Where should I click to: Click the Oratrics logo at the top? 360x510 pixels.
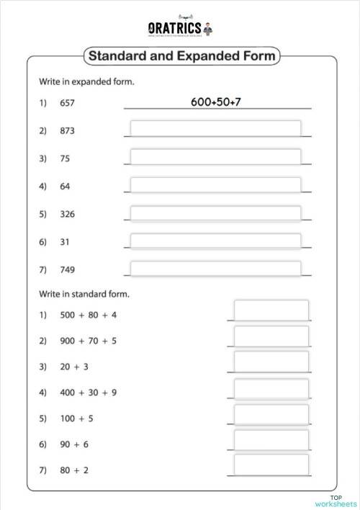pos(180,29)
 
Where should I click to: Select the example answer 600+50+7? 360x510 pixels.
pos(215,102)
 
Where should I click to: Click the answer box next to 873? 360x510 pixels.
pos(215,129)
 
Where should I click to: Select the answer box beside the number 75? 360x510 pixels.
pos(215,157)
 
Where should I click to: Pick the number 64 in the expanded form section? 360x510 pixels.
pos(65,187)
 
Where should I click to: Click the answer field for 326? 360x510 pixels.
pos(215,213)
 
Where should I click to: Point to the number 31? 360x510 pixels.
pos(65,242)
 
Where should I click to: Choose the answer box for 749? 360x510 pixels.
pos(215,269)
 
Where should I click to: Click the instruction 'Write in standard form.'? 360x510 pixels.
pos(84,294)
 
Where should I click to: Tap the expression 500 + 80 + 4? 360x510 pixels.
pos(88,315)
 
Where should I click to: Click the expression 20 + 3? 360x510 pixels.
pos(74,367)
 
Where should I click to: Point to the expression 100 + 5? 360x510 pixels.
pos(76,419)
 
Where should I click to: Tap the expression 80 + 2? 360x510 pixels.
pos(74,470)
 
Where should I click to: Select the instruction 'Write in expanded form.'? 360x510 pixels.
pos(86,82)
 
